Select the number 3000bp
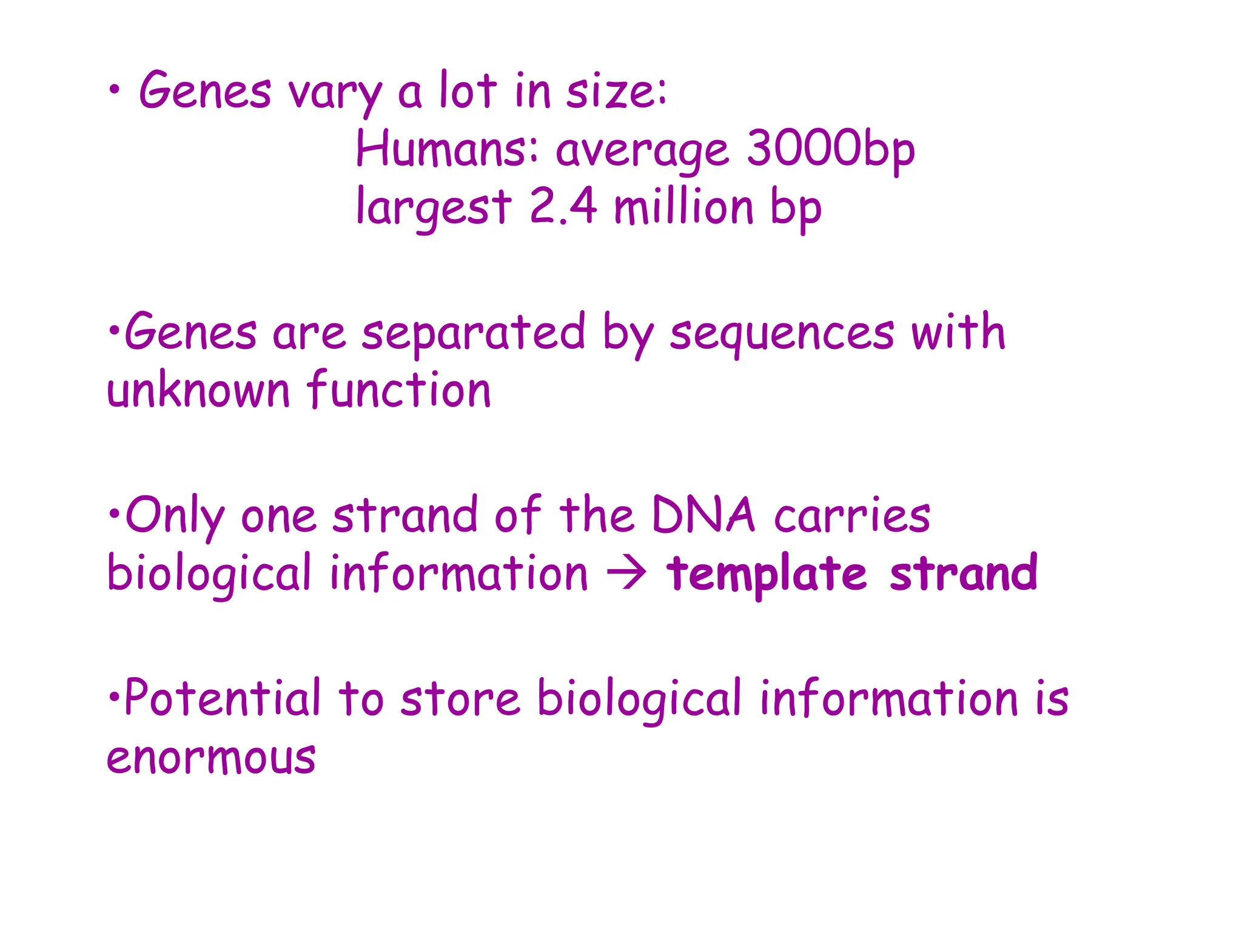[830, 149]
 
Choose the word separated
[474, 334]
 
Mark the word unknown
[198, 390]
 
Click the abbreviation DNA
[703, 515]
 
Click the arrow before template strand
[626, 573]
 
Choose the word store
[460, 699]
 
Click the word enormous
[211, 757]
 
